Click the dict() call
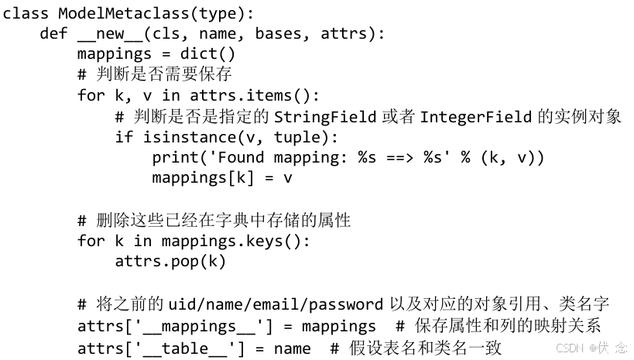(x=207, y=54)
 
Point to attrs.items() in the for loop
(x=254, y=95)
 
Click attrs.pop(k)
(x=170, y=261)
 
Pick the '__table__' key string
(x=184, y=348)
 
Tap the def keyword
(x=54, y=34)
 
